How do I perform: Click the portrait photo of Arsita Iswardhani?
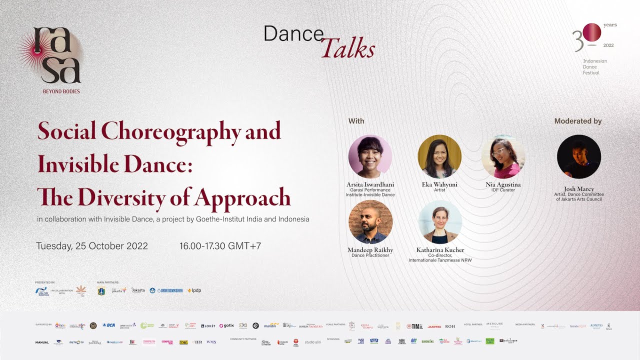[370, 156]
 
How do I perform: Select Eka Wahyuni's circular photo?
[439, 156]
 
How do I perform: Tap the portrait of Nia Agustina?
[503, 156]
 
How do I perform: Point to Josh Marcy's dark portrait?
[579, 156]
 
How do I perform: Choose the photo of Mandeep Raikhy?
[370, 222]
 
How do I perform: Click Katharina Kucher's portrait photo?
[439, 222]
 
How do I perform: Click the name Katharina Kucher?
[440, 250]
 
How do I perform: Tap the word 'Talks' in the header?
[348, 49]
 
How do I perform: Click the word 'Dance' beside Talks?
[293, 34]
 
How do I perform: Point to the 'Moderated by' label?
[578, 121]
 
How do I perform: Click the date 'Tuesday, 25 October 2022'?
[92, 246]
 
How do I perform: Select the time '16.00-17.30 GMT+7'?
[220, 246]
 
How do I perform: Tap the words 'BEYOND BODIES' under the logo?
[61, 91]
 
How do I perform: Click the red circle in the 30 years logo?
[592, 32]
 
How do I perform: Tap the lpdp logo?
[194, 290]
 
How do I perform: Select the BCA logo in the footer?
[108, 325]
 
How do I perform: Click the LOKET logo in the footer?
[208, 325]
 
